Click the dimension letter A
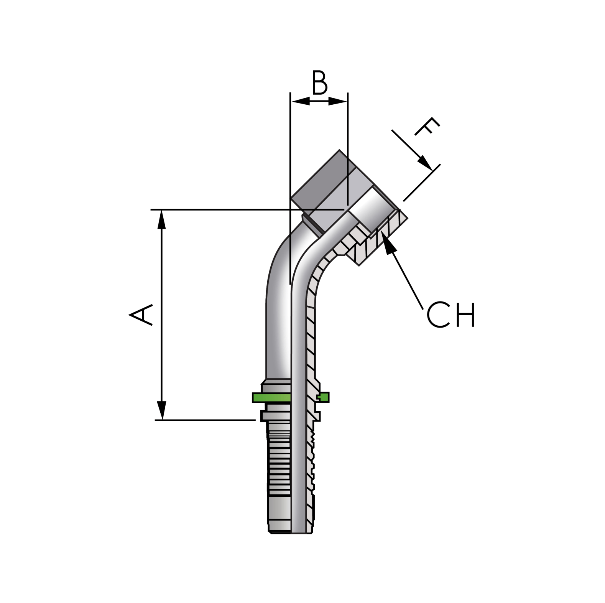141,315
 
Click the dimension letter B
319,83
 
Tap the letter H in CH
466,315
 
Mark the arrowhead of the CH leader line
390,246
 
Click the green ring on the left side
271,397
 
